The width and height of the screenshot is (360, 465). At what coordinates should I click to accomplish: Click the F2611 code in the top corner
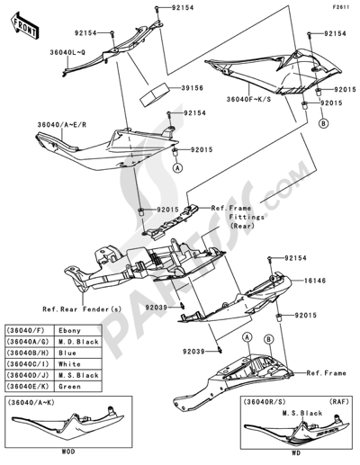343,7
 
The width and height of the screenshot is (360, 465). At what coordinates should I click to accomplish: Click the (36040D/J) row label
30,373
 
